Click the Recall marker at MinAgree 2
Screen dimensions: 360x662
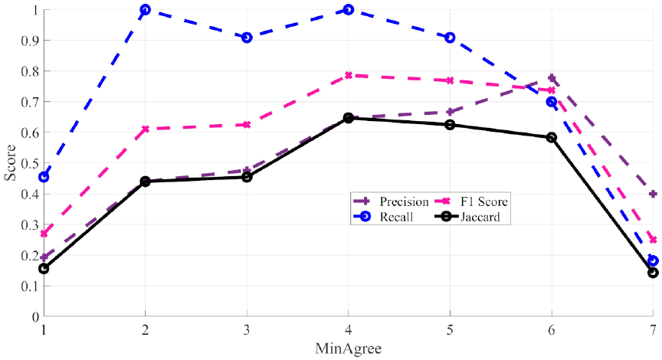click(x=145, y=10)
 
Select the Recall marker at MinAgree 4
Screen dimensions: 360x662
click(x=348, y=10)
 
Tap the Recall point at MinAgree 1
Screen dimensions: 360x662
click(x=44, y=177)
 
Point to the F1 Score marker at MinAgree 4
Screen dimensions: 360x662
click(x=348, y=75)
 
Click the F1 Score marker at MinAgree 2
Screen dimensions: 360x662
click(x=145, y=129)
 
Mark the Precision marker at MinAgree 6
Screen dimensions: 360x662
click(x=552, y=78)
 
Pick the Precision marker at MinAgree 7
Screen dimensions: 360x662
click(x=653, y=194)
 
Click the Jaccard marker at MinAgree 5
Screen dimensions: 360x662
click(x=450, y=125)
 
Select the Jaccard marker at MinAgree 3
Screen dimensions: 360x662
click(x=247, y=177)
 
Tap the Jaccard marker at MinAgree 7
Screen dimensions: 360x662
click(x=653, y=272)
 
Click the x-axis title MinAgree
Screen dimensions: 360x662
click(x=347, y=349)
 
